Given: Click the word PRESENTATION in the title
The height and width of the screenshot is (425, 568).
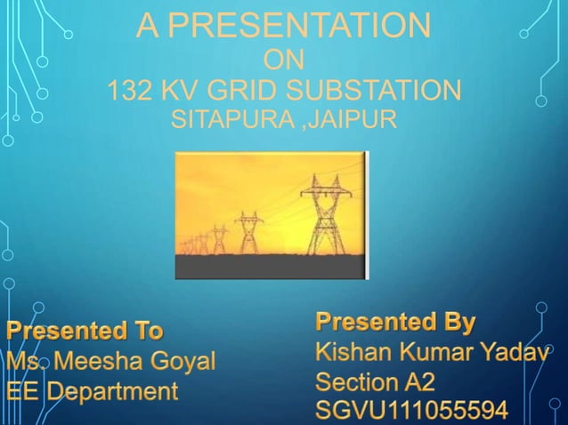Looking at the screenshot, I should pyautogui.click(x=298, y=26).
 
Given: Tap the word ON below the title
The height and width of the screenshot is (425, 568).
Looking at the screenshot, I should pyautogui.click(x=285, y=60).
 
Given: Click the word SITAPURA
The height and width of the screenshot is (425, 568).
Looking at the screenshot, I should pyautogui.click(x=233, y=118).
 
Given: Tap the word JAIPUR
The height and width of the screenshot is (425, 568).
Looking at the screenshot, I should pyautogui.click(x=353, y=118).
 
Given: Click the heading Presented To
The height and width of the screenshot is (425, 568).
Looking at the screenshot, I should pyautogui.click(x=85, y=332).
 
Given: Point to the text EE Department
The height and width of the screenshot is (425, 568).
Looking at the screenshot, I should pyautogui.click(x=92, y=390).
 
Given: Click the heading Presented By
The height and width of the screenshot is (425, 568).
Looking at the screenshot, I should pyautogui.click(x=396, y=321).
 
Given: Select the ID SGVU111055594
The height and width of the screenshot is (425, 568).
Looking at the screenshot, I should pyautogui.click(x=412, y=412).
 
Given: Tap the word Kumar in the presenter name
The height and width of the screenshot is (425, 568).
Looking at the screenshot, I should pyautogui.click(x=433, y=353).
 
